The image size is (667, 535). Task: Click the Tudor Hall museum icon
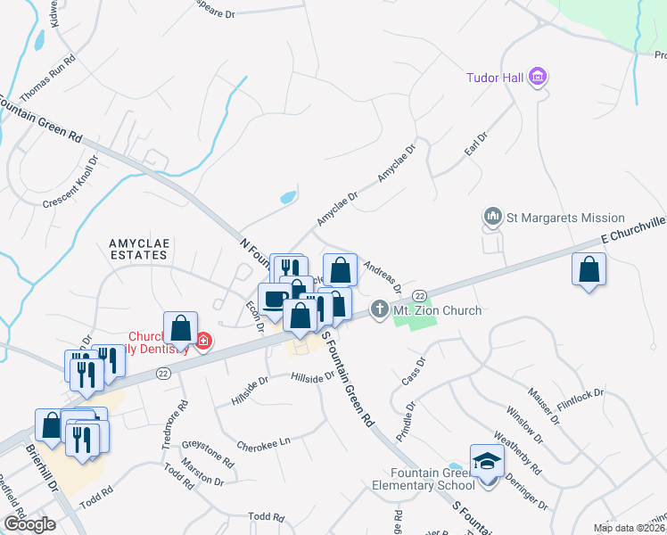point(537,78)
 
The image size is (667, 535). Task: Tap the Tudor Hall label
point(495,78)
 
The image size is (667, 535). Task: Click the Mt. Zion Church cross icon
point(378,310)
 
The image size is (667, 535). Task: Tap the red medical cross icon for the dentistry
point(203,341)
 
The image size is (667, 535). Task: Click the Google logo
point(29,524)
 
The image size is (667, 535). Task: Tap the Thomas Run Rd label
point(47,78)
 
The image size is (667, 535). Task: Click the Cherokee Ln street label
point(264,443)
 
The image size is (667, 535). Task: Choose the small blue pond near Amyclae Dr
point(288,197)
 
